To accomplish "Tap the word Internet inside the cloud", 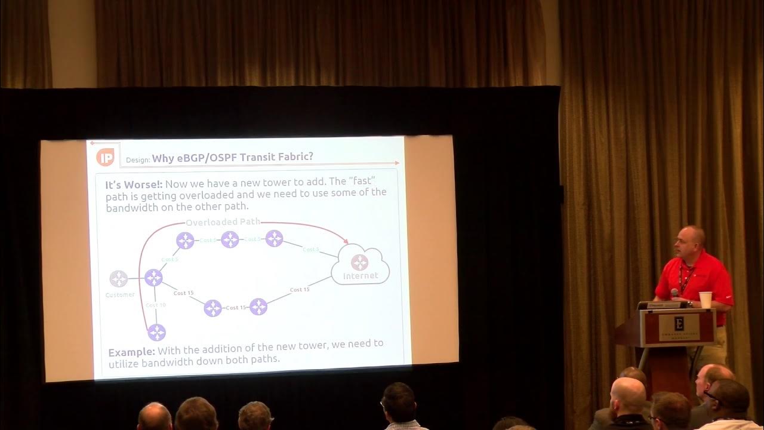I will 361,276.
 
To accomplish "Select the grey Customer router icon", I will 118,279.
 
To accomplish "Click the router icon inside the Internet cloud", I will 359,262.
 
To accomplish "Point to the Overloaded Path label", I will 223,222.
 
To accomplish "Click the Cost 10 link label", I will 155,305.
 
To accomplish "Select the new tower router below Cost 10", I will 156,332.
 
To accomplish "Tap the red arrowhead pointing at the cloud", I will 344,241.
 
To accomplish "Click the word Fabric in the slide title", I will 292,158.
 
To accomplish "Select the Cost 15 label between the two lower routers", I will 236,308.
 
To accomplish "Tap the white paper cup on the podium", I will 706,299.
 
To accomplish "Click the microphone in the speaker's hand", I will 674,293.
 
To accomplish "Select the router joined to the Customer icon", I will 153,278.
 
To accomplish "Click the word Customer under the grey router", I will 120,295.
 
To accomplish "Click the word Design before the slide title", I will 137,160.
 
